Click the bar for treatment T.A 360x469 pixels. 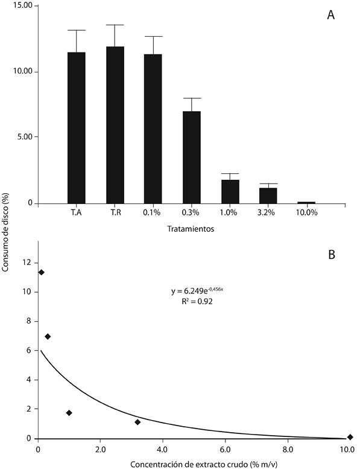click(x=77, y=128)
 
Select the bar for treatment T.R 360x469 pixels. click(x=115, y=125)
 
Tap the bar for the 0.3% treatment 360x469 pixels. click(x=192, y=158)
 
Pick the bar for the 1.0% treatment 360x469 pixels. click(x=230, y=192)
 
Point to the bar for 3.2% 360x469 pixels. click(x=268, y=196)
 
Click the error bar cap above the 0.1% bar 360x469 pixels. click(x=153, y=36)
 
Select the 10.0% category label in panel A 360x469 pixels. click(x=306, y=212)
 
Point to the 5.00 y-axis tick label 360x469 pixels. click(x=24, y=137)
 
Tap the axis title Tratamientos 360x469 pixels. click(x=191, y=229)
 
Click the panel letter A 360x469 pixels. click(x=330, y=14)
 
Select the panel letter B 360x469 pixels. click(x=331, y=255)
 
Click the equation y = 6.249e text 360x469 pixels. click(x=197, y=290)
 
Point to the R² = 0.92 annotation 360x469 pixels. click(x=197, y=302)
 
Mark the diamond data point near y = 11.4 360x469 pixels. click(x=41, y=272)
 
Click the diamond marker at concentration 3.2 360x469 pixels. click(x=137, y=422)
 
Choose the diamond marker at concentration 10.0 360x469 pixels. click(x=350, y=437)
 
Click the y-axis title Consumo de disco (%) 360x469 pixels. click(x=5, y=232)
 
